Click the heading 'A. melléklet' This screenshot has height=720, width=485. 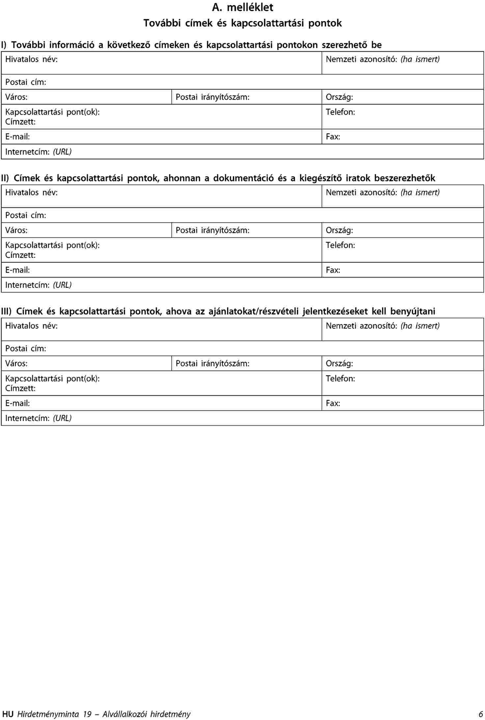(x=242, y=7)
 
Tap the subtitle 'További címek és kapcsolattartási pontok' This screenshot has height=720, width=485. (x=242, y=23)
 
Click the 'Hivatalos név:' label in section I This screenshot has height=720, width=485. (x=31, y=59)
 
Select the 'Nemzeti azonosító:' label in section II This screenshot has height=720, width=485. (x=361, y=192)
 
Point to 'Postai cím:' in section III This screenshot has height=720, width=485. (x=26, y=349)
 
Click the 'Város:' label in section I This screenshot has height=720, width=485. (x=16, y=97)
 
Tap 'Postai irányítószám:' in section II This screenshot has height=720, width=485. (x=212, y=230)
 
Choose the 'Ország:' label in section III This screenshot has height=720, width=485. (x=339, y=363)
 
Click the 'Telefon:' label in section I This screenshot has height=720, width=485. (x=340, y=112)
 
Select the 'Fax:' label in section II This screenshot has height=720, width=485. (x=333, y=270)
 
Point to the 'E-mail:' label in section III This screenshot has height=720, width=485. (x=17, y=403)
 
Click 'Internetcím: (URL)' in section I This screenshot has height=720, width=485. (x=38, y=152)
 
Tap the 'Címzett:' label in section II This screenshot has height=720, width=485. (x=20, y=255)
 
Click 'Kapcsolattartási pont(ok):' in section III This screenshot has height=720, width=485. (x=52, y=379)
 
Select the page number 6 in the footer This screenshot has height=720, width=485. (x=481, y=714)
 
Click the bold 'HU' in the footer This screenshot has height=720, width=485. (x=8, y=714)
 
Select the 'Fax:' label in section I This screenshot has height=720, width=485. (x=333, y=137)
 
